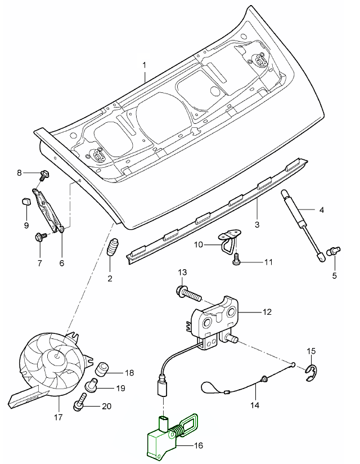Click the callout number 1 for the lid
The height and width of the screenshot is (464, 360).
point(145,65)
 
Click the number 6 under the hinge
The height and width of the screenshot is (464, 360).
point(62,263)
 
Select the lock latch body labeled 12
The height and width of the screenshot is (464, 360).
point(217,321)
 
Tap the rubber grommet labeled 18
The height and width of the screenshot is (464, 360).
point(103,369)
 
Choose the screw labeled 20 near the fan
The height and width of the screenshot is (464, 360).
point(80,403)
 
